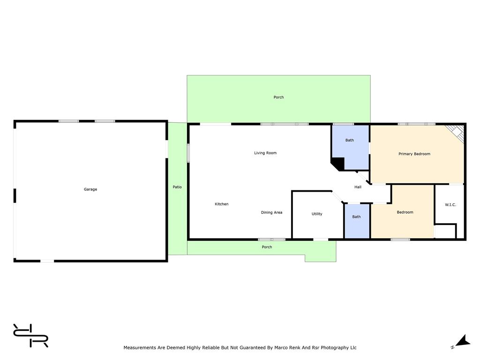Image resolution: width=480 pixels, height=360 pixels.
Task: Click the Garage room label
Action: [x=90, y=189]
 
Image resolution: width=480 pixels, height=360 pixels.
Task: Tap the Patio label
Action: [x=177, y=187]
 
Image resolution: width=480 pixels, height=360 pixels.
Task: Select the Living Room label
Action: [x=265, y=153]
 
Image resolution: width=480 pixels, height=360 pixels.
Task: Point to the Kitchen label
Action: [x=221, y=204]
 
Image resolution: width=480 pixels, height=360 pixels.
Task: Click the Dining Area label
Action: [x=271, y=212]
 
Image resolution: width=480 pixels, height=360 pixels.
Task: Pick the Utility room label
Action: [x=317, y=214]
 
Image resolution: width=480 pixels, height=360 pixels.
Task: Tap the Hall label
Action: [x=358, y=187]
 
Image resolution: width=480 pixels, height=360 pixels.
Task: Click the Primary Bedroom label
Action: [x=414, y=154]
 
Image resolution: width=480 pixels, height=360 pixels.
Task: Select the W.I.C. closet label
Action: [x=450, y=204]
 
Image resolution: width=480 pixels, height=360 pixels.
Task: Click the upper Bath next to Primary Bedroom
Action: [x=350, y=140]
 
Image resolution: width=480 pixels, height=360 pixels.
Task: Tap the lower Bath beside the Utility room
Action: [x=356, y=217]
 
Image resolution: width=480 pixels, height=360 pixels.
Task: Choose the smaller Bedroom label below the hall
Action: [x=405, y=212]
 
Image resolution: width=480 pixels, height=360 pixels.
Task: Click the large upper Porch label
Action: [x=278, y=97]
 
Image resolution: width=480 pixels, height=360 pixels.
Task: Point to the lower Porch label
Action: [x=267, y=247]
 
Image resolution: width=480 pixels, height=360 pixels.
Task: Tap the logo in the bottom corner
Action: [x=30, y=336]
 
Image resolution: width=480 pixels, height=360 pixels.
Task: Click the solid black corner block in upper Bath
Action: [x=337, y=164]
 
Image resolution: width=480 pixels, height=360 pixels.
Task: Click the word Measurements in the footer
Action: [x=140, y=347]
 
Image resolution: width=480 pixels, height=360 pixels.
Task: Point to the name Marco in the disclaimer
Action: [x=281, y=347]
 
